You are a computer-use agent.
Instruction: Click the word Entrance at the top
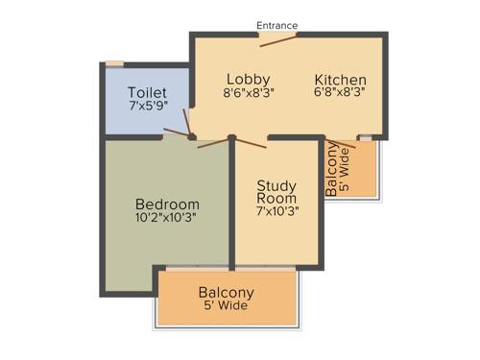click(x=277, y=25)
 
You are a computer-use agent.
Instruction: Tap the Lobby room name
click(x=248, y=79)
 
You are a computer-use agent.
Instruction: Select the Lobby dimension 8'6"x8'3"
click(x=248, y=93)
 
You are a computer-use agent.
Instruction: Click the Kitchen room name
click(x=341, y=79)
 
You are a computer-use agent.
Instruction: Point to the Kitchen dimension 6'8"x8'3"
click(x=341, y=93)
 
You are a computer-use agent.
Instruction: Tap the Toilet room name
click(x=147, y=92)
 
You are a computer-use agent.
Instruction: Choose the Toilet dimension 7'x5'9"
click(x=147, y=107)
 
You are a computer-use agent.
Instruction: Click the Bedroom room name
click(x=167, y=204)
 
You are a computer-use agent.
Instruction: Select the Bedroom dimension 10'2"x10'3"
click(x=167, y=219)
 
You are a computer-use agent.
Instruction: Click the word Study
click(x=277, y=184)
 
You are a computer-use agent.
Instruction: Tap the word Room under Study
click(x=277, y=198)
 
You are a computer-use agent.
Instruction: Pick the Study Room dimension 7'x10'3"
click(x=277, y=211)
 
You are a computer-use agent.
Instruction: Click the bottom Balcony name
click(x=227, y=292)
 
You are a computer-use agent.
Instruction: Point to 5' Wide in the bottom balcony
click(x=227, y=306)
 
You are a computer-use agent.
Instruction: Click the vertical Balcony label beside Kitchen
click(x=332, y=169)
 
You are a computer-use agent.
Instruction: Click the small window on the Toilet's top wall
click(x=114, y=63)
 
